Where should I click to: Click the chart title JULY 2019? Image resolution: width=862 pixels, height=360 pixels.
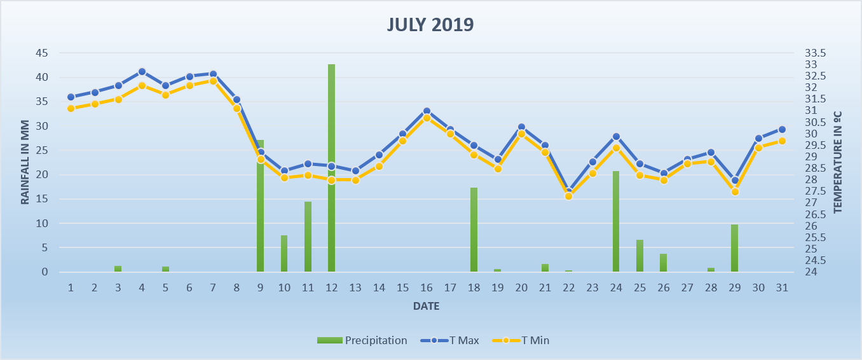[430, 25]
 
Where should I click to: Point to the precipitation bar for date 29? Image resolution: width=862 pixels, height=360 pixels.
[734, 248]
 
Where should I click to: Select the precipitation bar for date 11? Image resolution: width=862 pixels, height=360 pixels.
[308, 237]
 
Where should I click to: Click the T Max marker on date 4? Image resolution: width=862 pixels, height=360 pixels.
[142, 72]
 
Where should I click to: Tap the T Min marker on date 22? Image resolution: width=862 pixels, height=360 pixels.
[568, 196]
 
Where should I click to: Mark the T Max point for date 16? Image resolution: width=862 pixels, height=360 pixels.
[427, 111]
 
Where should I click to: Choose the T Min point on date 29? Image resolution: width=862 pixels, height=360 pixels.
[735, 191]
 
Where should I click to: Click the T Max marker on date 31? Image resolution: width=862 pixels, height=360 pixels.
[782, 129]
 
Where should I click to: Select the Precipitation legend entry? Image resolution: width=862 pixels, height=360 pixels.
[362, 340]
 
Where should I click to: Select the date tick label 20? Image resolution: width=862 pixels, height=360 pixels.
[521, 287]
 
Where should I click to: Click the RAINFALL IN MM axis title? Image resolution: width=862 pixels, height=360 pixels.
[25, 162]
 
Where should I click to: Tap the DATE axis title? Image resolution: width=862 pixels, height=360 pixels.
[426, 307]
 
